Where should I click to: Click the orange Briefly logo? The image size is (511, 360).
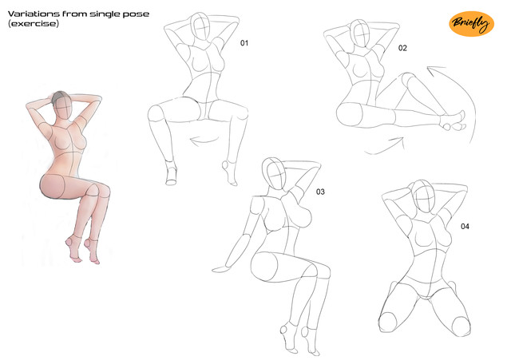coord(471,23)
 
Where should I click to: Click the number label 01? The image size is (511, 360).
coord(244,43)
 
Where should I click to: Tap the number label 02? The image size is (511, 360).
coord(402,48)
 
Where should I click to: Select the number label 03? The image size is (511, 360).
coord(320,192)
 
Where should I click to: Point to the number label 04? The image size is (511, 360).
coord(465,226)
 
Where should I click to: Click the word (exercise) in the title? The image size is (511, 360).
coord(34,24)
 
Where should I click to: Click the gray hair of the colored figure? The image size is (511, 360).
coord(59,97)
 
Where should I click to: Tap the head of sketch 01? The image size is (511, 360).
coord(200,26)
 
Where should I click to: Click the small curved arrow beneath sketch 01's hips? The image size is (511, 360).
coord(204,140)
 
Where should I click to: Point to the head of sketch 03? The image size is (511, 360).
coord(274,174)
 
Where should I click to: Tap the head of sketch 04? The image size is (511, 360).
coord(424,196)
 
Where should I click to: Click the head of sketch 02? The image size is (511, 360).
coord(360,34)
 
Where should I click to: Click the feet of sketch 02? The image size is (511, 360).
coord(454,121)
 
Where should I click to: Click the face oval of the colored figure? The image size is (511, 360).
coord(63,109)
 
